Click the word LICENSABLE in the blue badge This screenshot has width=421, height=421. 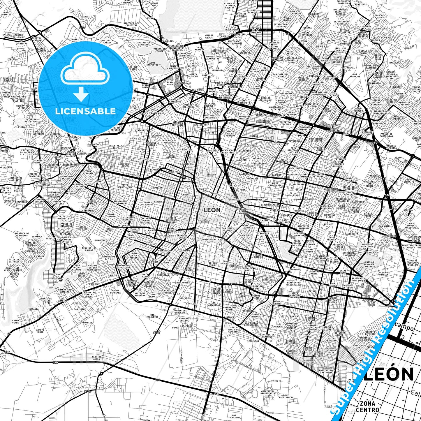[x=85, y=111]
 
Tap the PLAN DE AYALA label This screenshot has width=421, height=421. [x=96, y=358]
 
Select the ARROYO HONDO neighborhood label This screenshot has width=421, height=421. [x=40, y=331]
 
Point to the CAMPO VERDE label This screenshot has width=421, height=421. [x=15, y=322]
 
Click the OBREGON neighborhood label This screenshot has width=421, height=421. [x=211, y=175]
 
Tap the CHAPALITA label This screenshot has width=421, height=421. [x=157, y=188]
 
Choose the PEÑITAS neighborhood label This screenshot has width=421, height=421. [x=209, y=133]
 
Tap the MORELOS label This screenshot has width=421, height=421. [x=87, y=323]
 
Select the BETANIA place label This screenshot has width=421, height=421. [x=34, y=309]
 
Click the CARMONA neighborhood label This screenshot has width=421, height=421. [x=276, y=175]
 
